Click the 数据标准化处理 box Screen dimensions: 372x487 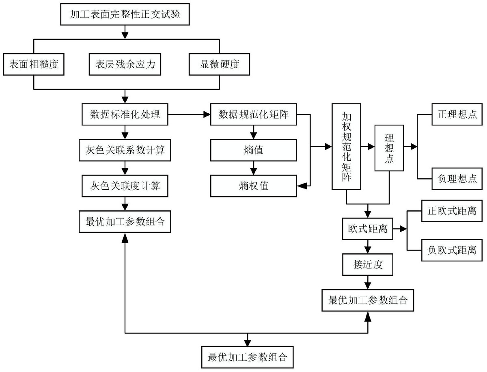point(125,115)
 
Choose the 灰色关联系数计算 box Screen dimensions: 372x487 point(125,150)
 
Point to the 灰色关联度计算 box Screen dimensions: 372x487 point(125,186)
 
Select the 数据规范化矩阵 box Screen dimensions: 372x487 point(254,115)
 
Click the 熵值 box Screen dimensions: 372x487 point(254,150)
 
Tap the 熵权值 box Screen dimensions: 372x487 point(254,186)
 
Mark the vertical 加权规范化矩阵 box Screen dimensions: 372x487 point(346,147)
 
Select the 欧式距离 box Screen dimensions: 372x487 point(368,229)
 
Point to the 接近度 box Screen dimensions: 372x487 point(368,265)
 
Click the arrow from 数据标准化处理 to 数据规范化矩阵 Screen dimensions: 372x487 point(188,115)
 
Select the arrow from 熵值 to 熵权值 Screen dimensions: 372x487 point(254,168)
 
